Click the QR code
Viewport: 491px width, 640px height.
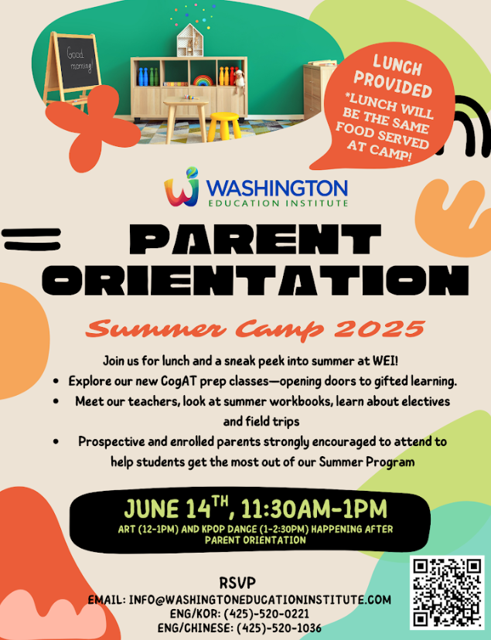point(446,593)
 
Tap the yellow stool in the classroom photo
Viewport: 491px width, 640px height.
point(224,127)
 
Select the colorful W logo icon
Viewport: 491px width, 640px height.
point(182,187)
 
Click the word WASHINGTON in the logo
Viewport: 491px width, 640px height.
point(277,188)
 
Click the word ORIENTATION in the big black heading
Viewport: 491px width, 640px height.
point(255,280)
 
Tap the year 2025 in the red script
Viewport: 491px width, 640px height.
point(379,329)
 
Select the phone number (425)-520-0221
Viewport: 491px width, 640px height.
point(266,614)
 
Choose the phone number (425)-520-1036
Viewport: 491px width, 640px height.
point(279,628)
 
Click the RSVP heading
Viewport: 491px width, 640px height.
point(237,583)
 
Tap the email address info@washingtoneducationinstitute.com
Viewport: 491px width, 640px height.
point(260,600)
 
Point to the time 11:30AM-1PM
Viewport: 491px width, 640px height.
point(314,509)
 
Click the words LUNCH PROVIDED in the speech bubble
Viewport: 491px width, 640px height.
point(393,77)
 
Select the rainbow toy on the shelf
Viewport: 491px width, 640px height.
point(203,80)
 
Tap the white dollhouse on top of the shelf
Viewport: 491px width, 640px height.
point(189,40)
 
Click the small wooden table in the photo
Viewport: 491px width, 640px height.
point(186,119)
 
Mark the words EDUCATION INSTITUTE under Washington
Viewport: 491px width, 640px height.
point(278,203)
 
